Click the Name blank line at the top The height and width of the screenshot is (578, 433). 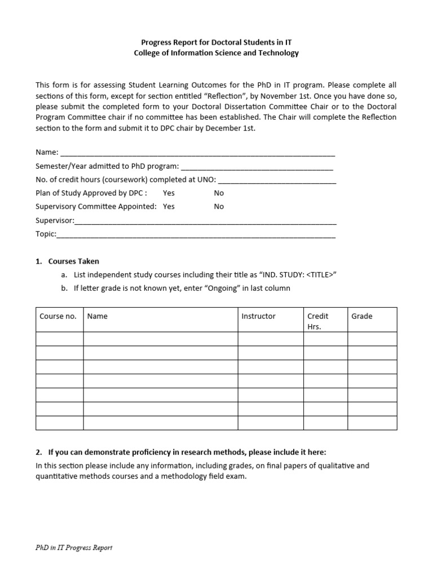point(197,153)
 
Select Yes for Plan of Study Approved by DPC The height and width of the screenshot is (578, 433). point(169,193)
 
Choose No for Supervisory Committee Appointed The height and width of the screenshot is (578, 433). point(219,207)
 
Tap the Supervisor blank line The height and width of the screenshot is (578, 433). point(205,221)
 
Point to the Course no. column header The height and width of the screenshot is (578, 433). point(58,317)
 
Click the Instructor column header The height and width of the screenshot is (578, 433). point(259,317)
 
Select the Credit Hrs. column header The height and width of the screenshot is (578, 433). point(318,321)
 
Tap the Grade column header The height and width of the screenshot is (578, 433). point(362,317)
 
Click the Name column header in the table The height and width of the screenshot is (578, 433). point(98,317)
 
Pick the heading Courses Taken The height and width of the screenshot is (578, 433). point(73,261)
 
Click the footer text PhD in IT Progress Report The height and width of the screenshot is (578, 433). point(74,548)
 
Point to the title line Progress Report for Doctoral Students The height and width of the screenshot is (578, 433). point(216,42)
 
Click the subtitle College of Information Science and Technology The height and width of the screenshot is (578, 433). point(216,53)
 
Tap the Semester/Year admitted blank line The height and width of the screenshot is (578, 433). point(257,167)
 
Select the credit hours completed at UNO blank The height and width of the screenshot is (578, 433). point(277,180)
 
